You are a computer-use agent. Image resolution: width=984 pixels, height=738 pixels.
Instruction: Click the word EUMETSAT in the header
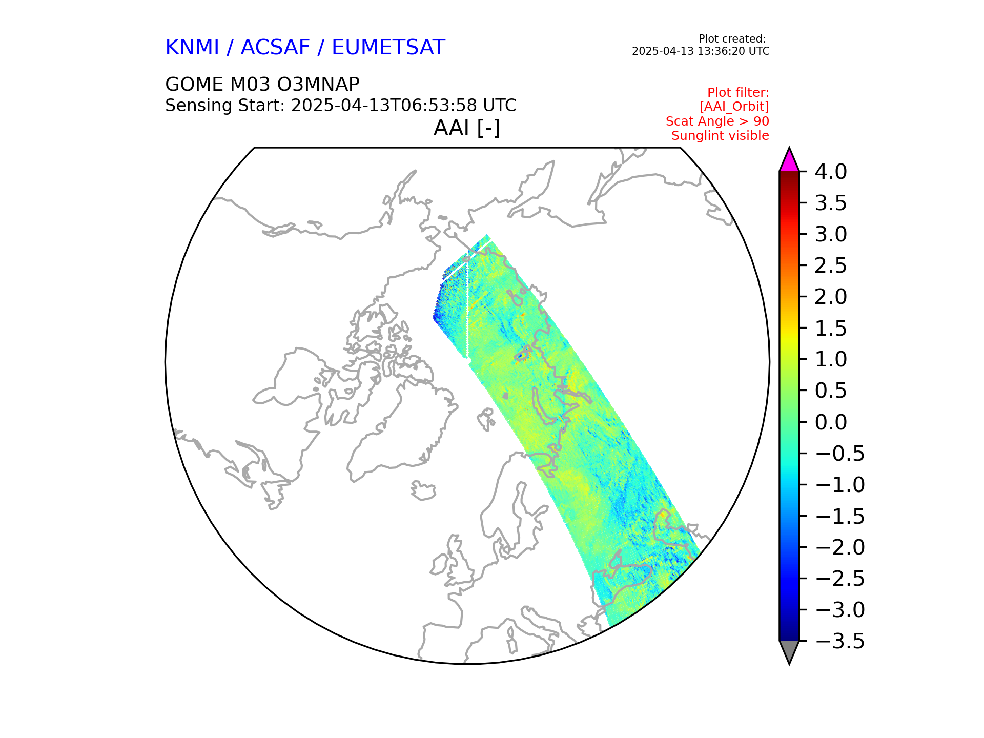click(388, 48)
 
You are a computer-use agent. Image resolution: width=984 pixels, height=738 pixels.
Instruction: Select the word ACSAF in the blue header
click(275, 48)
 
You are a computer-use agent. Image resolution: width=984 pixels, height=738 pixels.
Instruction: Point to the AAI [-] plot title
click(466, 128)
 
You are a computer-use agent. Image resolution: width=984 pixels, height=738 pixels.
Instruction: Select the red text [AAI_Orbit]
click(734, 107)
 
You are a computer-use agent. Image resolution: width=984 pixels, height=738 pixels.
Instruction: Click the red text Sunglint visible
click(720, 136)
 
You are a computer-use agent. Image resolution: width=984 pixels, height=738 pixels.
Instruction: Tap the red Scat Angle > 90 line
click(717, 121)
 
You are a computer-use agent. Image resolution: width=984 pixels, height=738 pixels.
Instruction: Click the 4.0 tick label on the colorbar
click(830, 172)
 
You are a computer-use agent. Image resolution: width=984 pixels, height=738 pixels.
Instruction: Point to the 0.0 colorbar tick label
click(830, 422)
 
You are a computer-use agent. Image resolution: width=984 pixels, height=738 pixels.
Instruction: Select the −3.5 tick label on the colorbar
click(839, 641)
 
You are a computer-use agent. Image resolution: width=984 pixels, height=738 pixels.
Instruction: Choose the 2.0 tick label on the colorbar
click(830, 297)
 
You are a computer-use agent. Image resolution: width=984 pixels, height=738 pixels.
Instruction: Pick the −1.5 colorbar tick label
click(839, 516)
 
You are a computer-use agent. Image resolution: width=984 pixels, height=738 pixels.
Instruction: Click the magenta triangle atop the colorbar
click(789, 161)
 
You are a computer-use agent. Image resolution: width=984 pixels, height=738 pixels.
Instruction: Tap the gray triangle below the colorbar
click(789, 651)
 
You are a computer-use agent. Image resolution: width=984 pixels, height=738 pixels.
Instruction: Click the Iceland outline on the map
click(423, 491)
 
